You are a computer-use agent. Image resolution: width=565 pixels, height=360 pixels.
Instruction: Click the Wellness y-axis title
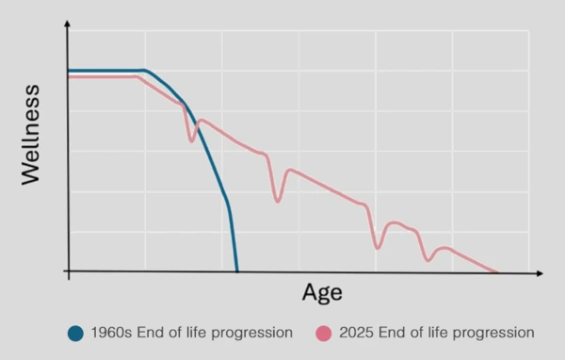point(30,134)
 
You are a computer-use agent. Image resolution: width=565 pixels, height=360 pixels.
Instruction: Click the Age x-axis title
point(322,292)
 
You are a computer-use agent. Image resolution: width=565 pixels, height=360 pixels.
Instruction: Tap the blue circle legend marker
point(76,333)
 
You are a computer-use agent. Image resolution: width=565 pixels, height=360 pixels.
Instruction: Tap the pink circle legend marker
point(325,333)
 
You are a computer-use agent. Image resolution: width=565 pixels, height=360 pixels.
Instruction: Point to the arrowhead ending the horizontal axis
point(540,272)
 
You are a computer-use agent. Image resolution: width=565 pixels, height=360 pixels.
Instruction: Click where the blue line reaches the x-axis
point(236,271)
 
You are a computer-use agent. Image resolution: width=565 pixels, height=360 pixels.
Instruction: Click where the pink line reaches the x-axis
point(496,271)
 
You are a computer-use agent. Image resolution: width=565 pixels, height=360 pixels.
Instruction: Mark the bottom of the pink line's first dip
point(192,141)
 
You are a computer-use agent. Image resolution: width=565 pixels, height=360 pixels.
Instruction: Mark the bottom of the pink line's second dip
point(277,201)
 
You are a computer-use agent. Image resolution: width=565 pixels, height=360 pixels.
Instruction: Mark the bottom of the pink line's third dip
point(378,248)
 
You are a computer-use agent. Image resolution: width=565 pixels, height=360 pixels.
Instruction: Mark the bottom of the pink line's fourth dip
point(428,260)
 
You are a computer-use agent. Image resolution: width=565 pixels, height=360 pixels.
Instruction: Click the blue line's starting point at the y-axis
point(69,70)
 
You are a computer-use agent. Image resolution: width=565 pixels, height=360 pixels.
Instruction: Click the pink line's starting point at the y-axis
point(69,76)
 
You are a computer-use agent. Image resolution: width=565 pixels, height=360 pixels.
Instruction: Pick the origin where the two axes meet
point(68,272)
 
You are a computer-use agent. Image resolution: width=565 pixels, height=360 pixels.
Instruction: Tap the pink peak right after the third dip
point(395,223)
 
